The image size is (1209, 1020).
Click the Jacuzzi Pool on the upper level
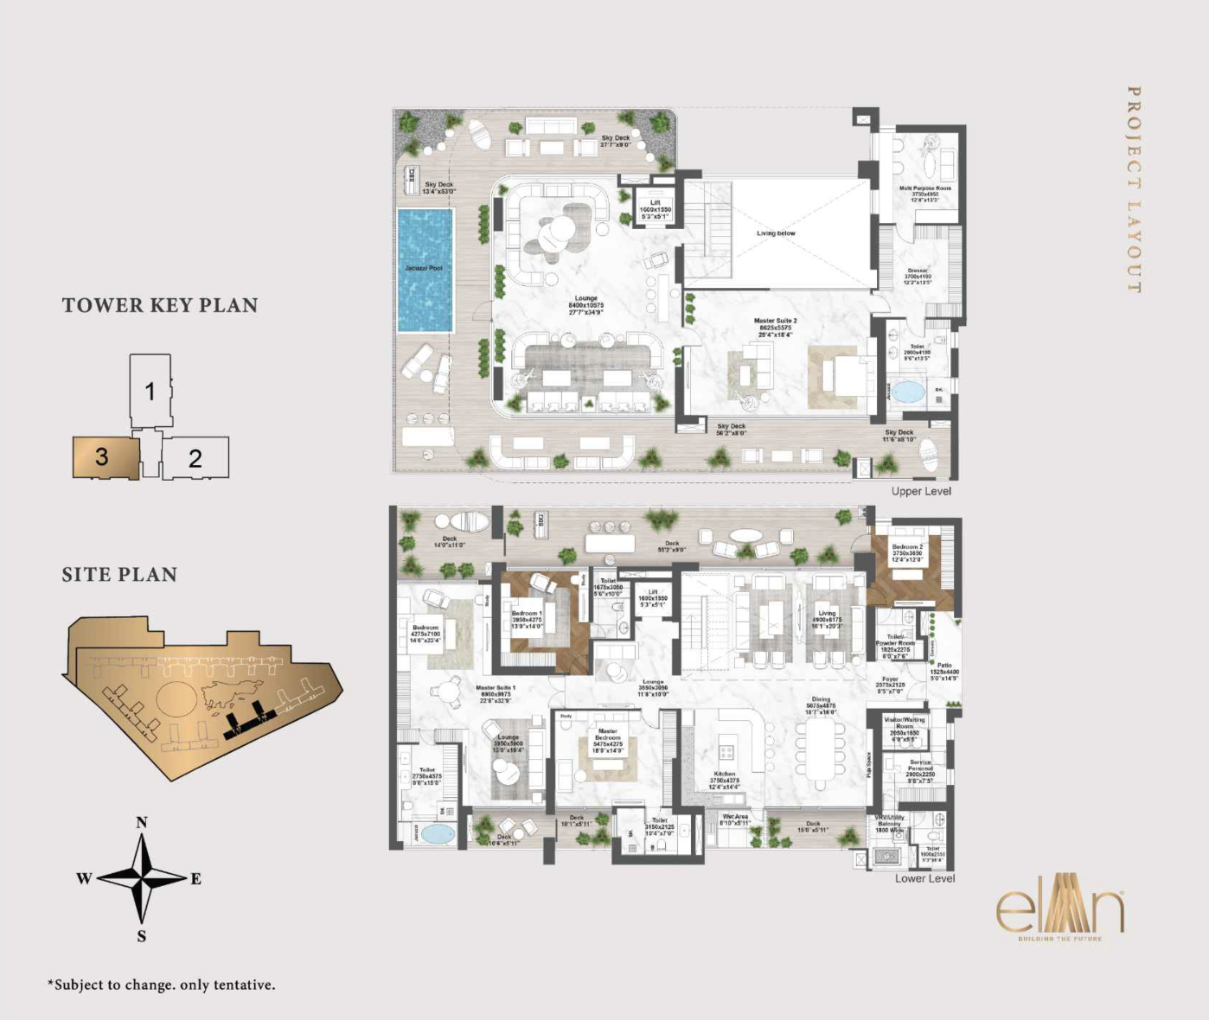point(425,270)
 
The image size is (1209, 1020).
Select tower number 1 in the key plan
point(150,391)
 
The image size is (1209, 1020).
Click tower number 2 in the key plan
point(196,458)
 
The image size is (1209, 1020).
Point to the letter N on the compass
point(142,822)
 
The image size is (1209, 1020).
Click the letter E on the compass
point(196,879)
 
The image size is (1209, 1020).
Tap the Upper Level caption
point(921,491)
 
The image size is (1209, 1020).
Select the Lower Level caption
point(924,878)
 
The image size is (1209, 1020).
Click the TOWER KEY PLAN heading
point(160,305)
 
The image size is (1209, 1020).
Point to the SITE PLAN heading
point(119,575)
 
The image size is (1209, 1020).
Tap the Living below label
point(776,233)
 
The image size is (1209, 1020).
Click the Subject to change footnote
point(162,985)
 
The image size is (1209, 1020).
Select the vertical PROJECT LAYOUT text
point(1134,189)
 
